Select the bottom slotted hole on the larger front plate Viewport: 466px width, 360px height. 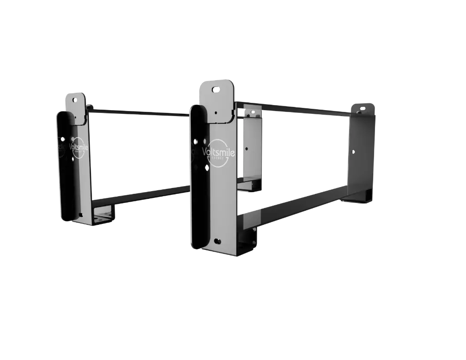[x=218, y=241]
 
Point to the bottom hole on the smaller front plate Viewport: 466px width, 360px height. [x=81, y=214]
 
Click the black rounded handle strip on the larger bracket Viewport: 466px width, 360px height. [x=200, y=182]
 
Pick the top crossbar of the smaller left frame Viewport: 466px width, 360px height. [x=137, y=111]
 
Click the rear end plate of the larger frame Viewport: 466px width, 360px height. [x=361, y=150]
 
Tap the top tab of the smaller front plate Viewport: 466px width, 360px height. [x=75, y=106]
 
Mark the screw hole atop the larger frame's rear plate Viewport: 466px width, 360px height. [x=360, y=109]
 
